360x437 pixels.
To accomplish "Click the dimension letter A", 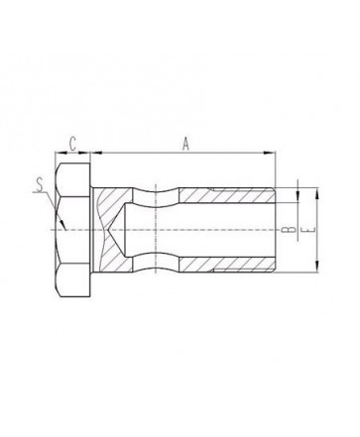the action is click(186, 144).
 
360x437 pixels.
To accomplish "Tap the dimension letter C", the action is click(72, 144).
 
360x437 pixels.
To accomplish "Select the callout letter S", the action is click(40, 184).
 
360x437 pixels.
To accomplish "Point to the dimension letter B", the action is click(291, 230).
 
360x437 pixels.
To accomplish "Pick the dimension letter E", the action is click(310, 230).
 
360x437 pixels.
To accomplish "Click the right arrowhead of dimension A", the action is click(270, 153).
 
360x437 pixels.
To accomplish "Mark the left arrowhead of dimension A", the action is click(96, 153).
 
